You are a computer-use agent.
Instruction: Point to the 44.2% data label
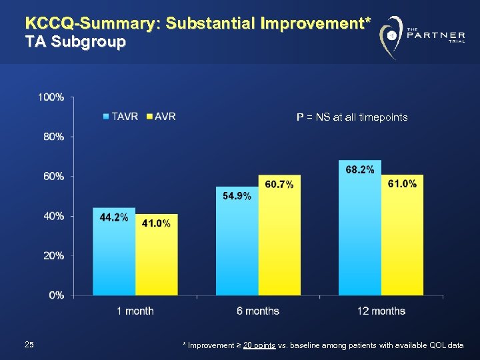pos(114,218)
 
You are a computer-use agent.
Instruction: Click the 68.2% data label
pos(360,170)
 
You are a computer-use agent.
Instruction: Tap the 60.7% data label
pos(279,184)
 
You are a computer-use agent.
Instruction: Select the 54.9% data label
pos(237,195)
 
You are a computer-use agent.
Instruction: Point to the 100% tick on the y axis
pos(51,97)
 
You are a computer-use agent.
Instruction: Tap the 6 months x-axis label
pos(257,311)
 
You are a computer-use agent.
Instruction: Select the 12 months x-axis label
pos(381,311)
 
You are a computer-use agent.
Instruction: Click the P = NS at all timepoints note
pos(352,117)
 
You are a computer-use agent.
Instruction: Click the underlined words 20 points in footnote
pos(261,345)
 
